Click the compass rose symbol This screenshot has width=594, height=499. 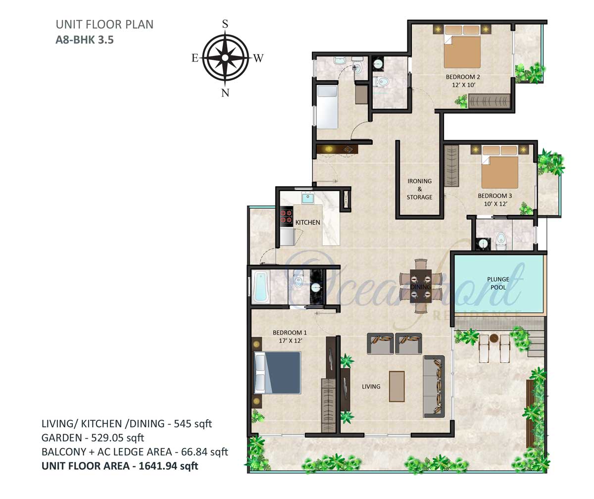tap(225, 58)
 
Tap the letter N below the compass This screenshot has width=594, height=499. tap(225, 93)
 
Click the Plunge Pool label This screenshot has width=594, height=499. tap(498, 283)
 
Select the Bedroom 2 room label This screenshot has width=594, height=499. tap(463, 77)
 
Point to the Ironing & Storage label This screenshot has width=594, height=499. tap(419, 189)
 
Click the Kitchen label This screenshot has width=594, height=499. tap(307, 222)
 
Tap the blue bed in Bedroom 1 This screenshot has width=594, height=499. tap(277, 373)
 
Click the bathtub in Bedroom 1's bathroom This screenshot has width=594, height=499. tap(260, 287)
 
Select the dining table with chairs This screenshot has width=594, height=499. tap(421, 286)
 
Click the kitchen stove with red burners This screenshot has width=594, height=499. tap(286, 216)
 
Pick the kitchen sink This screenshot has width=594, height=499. tap(308, 198)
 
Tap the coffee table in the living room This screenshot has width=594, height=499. tap(397, 386)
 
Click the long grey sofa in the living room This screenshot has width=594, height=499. tap(434, 386)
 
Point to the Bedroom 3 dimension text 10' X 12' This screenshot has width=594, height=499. tap(495, 203)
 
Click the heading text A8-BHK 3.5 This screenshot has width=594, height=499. tap(85, 40)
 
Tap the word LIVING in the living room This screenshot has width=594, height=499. tap(371, 386)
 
